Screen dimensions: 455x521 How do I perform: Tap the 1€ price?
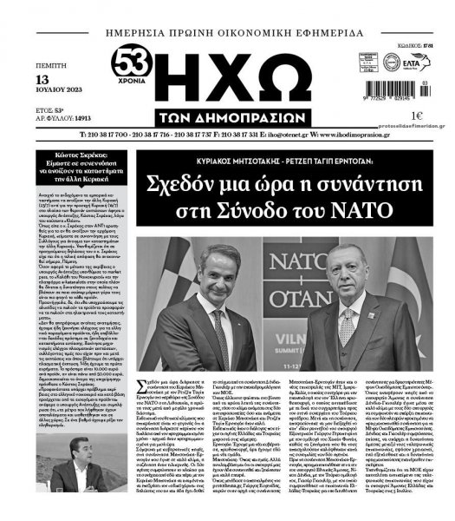click(393, 115)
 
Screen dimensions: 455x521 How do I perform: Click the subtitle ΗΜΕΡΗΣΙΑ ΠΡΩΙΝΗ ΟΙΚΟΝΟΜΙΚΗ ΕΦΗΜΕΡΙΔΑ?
click(227, 31)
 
